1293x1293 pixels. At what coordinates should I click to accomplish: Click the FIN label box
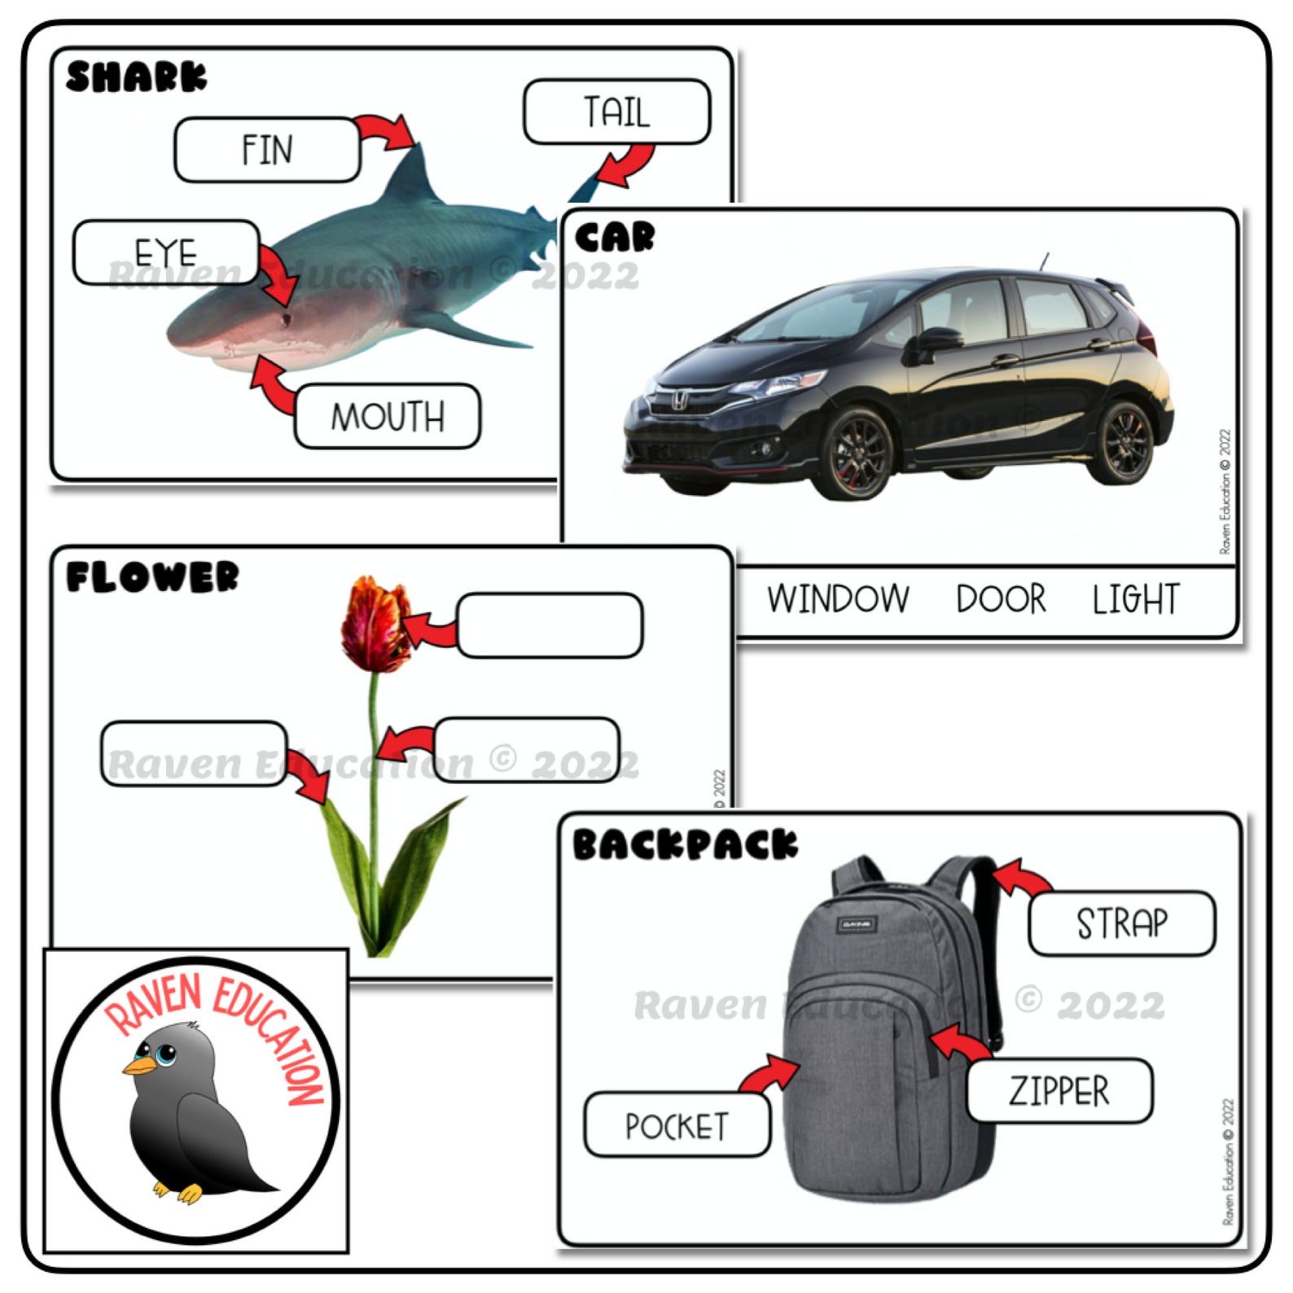coord(267,150)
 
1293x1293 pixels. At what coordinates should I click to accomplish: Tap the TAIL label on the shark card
coord(616,112)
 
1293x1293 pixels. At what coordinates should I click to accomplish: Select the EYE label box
coord(166,252)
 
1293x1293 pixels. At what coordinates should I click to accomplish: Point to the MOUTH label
coord(388,416)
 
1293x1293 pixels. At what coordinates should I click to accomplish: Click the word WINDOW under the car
coord(838,598)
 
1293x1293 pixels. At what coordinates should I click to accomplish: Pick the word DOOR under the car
coord(1001,598)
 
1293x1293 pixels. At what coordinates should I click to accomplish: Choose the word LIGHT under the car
coord(1135,598)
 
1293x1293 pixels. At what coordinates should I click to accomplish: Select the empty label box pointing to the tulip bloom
coord(550,625)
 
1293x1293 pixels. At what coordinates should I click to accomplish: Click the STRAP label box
coord(1121,923)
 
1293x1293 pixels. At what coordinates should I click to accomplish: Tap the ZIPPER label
coord(1059,1091)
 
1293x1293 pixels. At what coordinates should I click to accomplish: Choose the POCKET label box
coord(677,1126)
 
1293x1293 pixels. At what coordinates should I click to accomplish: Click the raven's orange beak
coord(139,1065)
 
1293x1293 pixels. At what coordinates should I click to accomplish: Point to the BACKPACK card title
coord(684,844)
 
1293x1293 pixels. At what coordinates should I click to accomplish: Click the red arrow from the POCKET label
coord(769,1072)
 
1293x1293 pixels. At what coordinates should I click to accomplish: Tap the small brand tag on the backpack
coord(857,924)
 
